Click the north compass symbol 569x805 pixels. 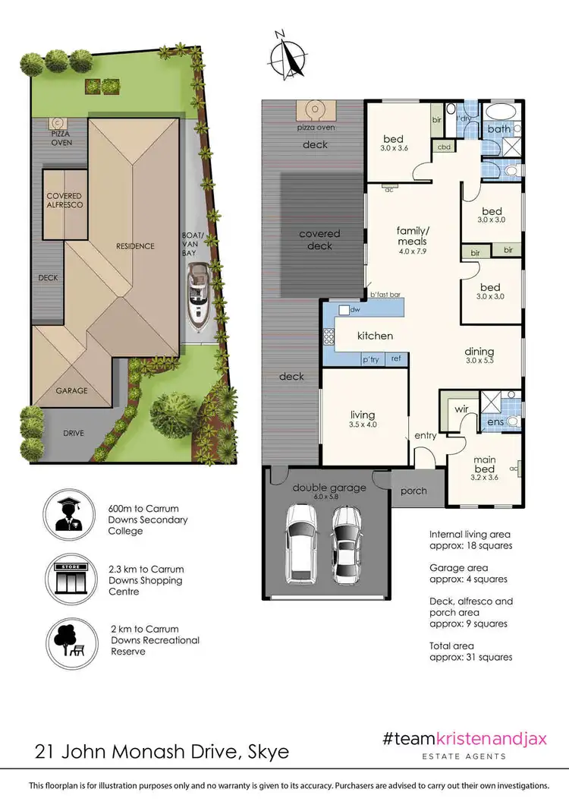coord(288,55)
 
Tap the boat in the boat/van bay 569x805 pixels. coord(196,298)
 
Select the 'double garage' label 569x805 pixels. coord(329,488)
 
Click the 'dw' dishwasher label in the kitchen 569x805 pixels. coord(355,310)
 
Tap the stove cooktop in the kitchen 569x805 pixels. coord(329,336)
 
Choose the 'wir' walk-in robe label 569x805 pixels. coord(461,409)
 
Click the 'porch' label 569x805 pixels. coord(413,491)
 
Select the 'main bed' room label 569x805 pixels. coord(484,464)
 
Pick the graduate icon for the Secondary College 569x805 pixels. coord(70,514)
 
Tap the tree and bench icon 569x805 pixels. coord(72,644)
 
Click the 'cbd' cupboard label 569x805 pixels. coord(444,147)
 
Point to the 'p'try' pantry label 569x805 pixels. coord(370,359)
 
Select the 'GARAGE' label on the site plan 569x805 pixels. coord(72,390)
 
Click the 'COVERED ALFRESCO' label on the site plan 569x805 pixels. coord(64,200)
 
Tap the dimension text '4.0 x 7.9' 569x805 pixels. coord(413,251)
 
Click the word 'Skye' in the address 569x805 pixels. coord(269,752)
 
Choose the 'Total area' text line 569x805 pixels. coord(451,646)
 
